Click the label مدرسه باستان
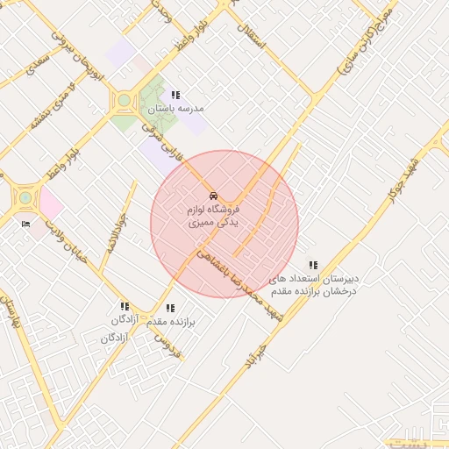175,108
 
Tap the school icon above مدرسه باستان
175,95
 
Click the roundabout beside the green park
125,101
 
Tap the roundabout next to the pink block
26,198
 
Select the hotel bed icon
25,224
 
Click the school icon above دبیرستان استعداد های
313,265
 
